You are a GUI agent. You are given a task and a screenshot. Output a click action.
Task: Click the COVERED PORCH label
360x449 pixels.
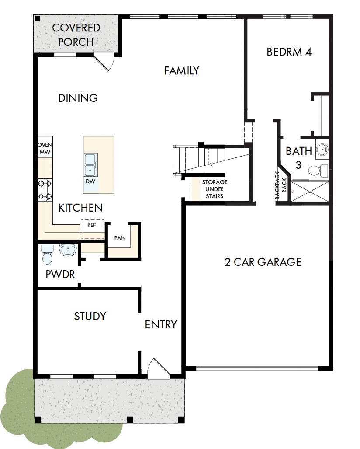click(76, 35)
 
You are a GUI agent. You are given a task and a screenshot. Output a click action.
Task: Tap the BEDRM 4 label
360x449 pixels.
click(289, 52)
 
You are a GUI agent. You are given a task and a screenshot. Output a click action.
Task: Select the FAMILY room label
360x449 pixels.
click(182, 70)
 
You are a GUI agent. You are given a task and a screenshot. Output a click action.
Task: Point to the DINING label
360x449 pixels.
click(78, 98)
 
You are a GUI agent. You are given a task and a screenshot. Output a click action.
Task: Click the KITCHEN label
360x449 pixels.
click(81, 208)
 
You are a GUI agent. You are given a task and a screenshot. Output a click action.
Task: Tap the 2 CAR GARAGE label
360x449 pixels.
click(263, 262)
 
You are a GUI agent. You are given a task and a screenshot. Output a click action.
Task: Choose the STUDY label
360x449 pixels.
click(90, 316)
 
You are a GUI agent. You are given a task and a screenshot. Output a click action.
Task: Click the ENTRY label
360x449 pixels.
click(161, 325)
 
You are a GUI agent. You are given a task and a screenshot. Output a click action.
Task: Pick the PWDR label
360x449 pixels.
click(60, 275)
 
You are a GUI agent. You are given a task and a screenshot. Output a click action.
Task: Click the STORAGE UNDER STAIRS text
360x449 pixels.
click(215, 189)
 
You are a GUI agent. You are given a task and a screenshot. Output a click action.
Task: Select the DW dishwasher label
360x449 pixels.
click(90, 181)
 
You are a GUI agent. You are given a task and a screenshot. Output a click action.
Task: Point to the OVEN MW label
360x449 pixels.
click(45, 149)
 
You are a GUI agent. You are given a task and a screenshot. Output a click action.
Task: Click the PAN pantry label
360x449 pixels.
click(120, 238)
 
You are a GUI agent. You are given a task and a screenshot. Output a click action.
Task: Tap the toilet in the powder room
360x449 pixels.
click(47, 254)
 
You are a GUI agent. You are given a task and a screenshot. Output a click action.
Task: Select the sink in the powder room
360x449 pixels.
click(68, 250)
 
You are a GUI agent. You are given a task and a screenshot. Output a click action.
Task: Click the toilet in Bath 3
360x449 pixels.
click(318, 168)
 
